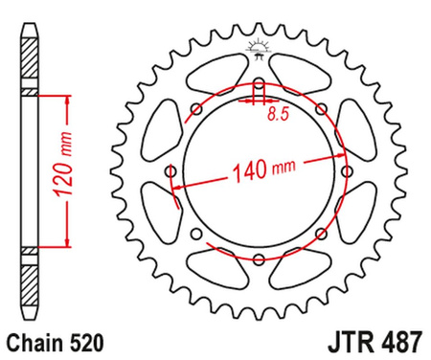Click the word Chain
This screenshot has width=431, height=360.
pyautogui.click(x=36, y=340)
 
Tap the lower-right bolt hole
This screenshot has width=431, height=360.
pyautogui.click(x=318, y=233)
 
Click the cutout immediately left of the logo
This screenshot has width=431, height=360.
pyautogui.click(x=213, y=75)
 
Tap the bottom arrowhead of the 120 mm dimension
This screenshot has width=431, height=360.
pyautogui.click(x=66, y=244)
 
